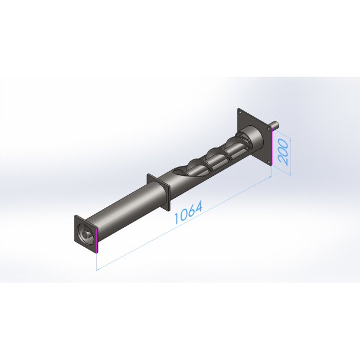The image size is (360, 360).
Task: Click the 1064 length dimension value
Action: coord(188,212)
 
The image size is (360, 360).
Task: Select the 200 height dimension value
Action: coord(283,152)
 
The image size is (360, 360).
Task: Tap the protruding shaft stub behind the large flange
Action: coord(276,125)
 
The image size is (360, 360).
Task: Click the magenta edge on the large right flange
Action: coord(271,147)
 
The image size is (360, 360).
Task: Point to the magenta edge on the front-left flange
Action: coord(97,240)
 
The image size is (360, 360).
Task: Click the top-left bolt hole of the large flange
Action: coord(240,112)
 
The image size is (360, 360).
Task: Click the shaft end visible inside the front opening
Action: coord(86,234)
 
